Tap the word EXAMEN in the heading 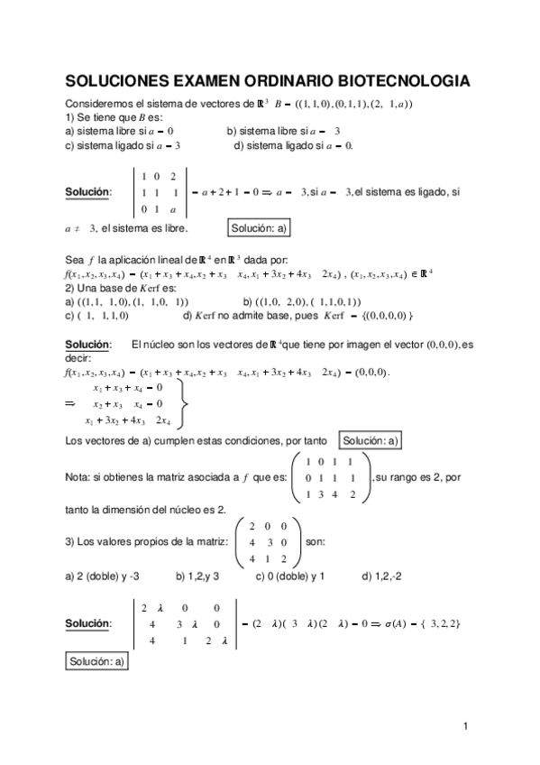(x=213, y=81)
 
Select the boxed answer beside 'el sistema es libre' (x=259, y=229)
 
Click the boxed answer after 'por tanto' (x=371, y=440)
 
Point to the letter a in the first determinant (x=171, y=209)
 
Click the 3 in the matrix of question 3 (x=271, y=542)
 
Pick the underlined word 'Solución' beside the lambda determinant (x=87, y=622)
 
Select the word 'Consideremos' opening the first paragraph (x=98, y=104)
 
